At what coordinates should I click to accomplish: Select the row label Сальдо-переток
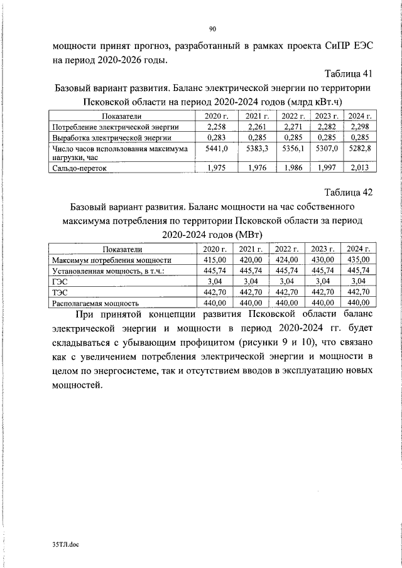pyautogui.click(x=81, y=168)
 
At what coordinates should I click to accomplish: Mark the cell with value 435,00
pyautogui.click(x=358, y=259)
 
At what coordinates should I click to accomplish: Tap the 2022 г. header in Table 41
pyautogui.click(x=293, y=116)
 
